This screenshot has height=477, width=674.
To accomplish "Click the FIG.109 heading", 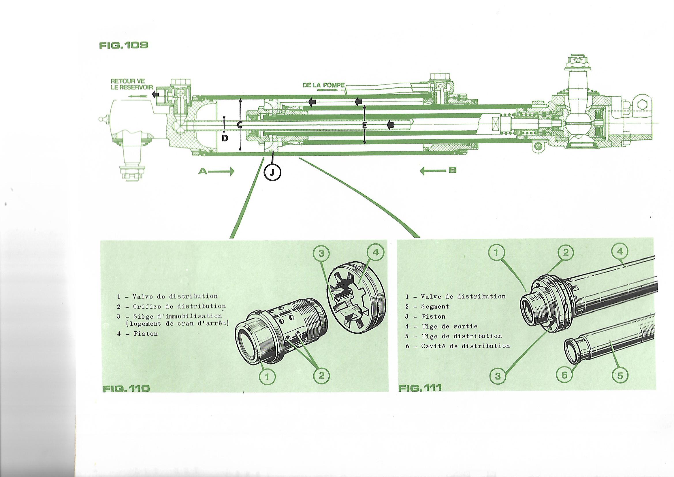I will click(x=124, y=46).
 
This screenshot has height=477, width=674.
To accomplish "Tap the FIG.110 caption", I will click(x=126, y=388).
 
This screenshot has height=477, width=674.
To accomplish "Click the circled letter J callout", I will click(x=272, y=173).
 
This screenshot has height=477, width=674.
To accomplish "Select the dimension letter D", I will click(x=225, y=138).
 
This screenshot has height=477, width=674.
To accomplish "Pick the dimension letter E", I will click(x=364, y=125).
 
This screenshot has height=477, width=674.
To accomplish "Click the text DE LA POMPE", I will click(x=324, y=85).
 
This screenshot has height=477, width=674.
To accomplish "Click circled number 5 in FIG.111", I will click(x=620, y=375).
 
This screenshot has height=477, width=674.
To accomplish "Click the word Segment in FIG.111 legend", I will click(x=435, y=307).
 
